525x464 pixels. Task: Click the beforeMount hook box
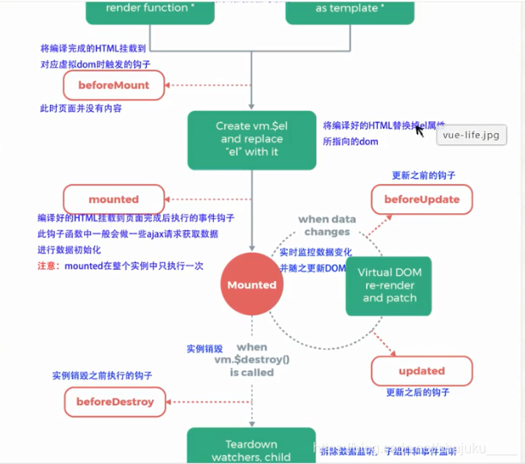click(x=113, y=85)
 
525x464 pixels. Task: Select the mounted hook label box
click(x=113, y=198)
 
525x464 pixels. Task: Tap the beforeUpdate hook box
click(x=421, y=199)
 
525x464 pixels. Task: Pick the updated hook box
click(x=421, y=371)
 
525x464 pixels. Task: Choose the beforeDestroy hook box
click(x=114, y=401)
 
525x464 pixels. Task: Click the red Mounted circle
click(x=252, y=284)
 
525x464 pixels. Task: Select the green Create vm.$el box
click(x=251, y=138)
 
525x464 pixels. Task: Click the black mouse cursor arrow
click(x=420, y=131)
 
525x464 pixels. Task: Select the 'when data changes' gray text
click(x=326, y=225)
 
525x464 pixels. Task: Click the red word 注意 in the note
click(x=47, y=266)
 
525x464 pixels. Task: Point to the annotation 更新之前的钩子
click(x=422, y=174)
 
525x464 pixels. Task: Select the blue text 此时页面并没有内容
click(x=81, y=109)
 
